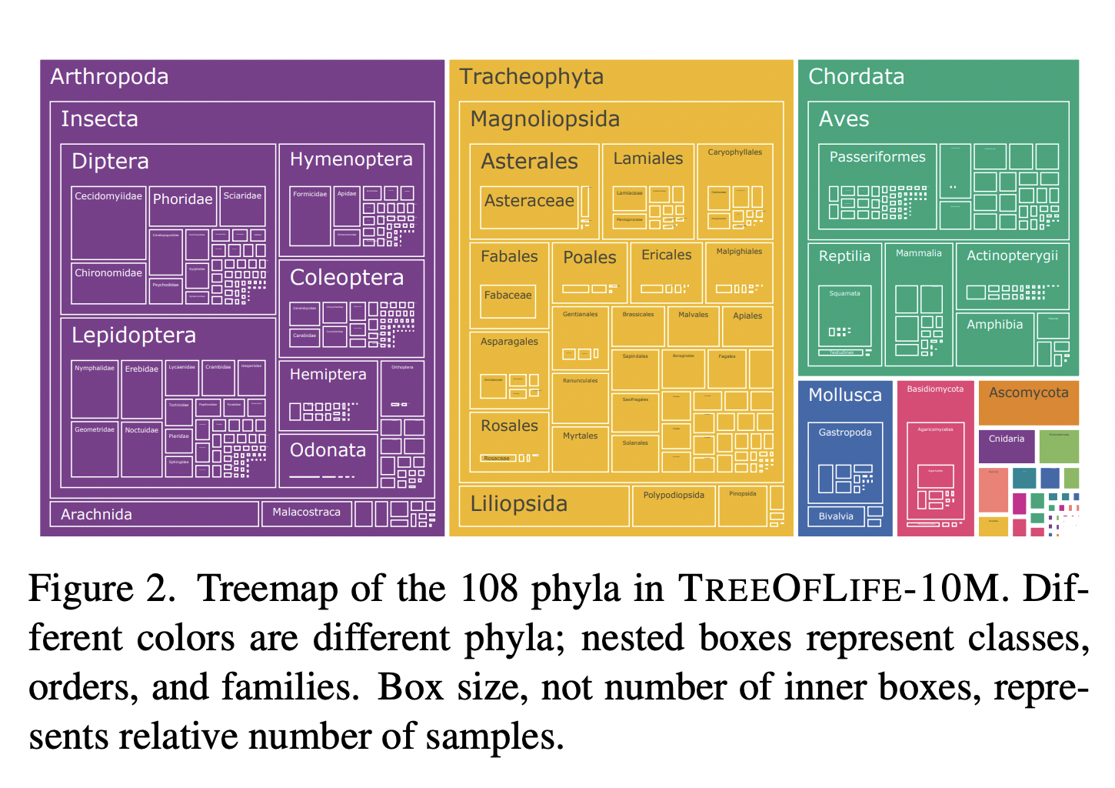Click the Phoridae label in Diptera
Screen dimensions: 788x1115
click(182, 199)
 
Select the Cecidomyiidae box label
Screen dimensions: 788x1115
click(108, 196)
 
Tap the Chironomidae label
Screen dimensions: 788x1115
click(108, 273)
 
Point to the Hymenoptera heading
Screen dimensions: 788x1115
click(351, 159)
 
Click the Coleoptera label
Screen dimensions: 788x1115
click(346, 278)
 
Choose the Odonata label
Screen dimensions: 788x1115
click(328, 450)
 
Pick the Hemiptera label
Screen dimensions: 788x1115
click(328, 375)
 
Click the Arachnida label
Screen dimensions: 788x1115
click(96, 515)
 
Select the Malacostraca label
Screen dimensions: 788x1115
click(306, 513)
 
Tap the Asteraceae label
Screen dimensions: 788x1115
click(529, 201)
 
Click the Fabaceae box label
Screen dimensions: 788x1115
click(508, 295)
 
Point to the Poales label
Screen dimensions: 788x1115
click(589, 258)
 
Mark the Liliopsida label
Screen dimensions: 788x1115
click(518, 504)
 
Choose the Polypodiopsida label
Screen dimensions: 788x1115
click(674, 496)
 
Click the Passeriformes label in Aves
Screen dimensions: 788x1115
click(877, 157)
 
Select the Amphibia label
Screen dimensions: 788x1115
click(994, 325)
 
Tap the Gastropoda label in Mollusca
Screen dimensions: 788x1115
click(844, 432)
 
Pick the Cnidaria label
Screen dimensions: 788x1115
click(1006, 439)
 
